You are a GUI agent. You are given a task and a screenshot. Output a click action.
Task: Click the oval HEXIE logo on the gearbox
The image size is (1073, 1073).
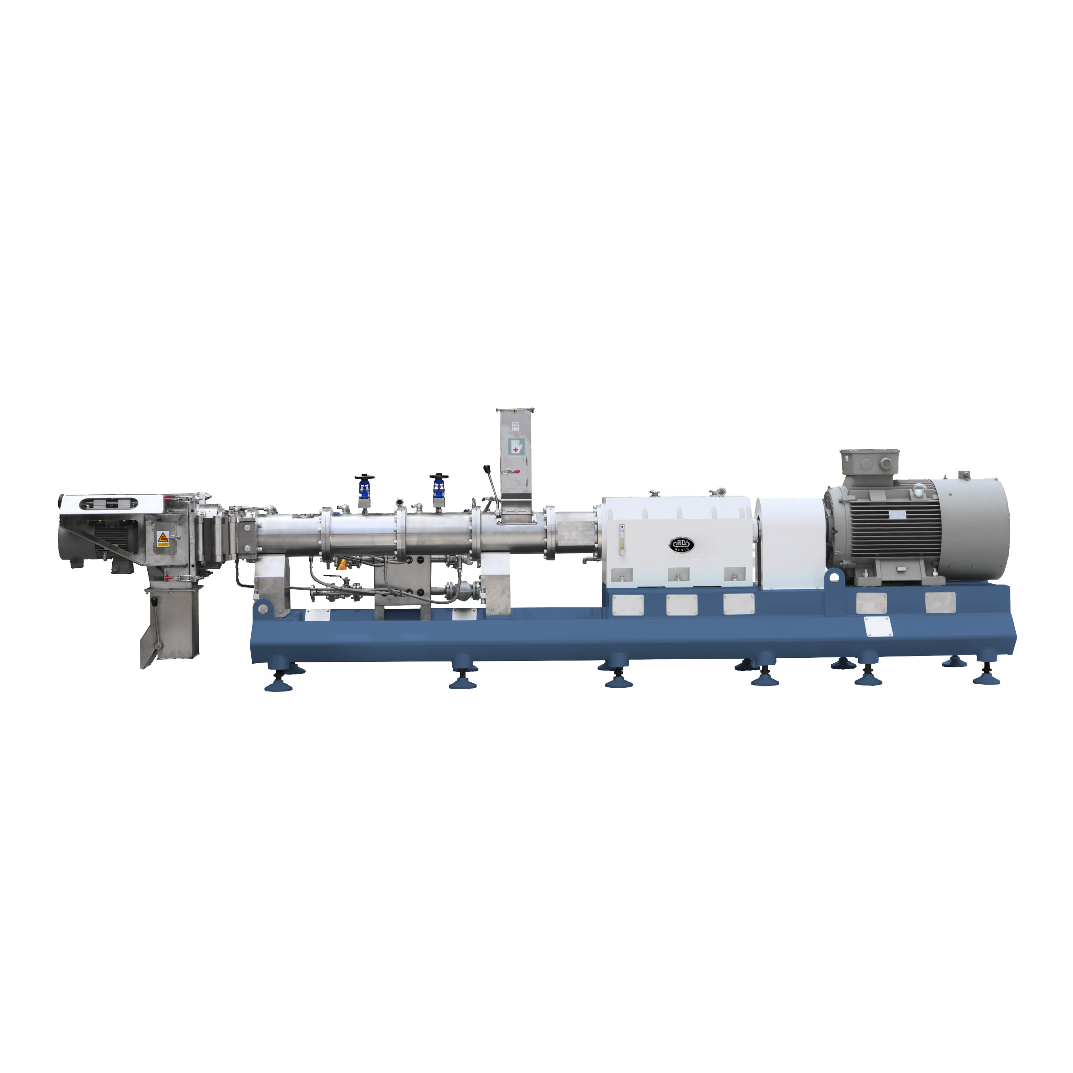coord(681,544)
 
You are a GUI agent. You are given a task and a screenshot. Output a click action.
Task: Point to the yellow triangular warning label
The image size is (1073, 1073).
coord(163,537)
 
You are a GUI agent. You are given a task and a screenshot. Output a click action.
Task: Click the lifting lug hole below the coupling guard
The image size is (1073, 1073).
coord(834,577)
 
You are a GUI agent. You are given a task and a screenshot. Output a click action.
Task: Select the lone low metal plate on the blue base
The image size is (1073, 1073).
coord(879,626)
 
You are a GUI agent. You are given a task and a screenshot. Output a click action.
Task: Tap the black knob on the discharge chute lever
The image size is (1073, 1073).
coord(154,601)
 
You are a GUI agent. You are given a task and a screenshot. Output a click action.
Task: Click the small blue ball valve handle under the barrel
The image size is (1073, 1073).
coord(342,564)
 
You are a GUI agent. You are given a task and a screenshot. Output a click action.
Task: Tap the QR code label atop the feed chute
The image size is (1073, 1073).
coord(515,425)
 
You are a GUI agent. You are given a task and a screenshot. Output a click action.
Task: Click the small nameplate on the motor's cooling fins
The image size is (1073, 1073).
coord(896,516)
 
